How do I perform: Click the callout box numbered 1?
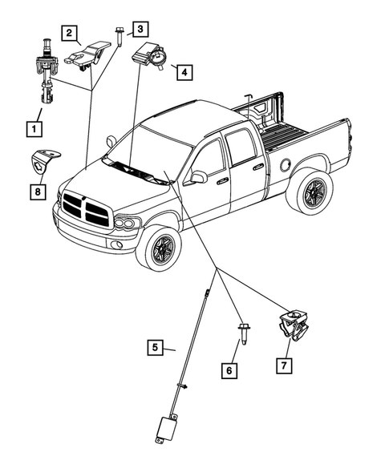tap(34, 127)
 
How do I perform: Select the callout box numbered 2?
tap(71, 33)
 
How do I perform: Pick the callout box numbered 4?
tap(184, 72)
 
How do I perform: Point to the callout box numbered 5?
tap(156, 348)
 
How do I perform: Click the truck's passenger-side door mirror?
tap(197, 177)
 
